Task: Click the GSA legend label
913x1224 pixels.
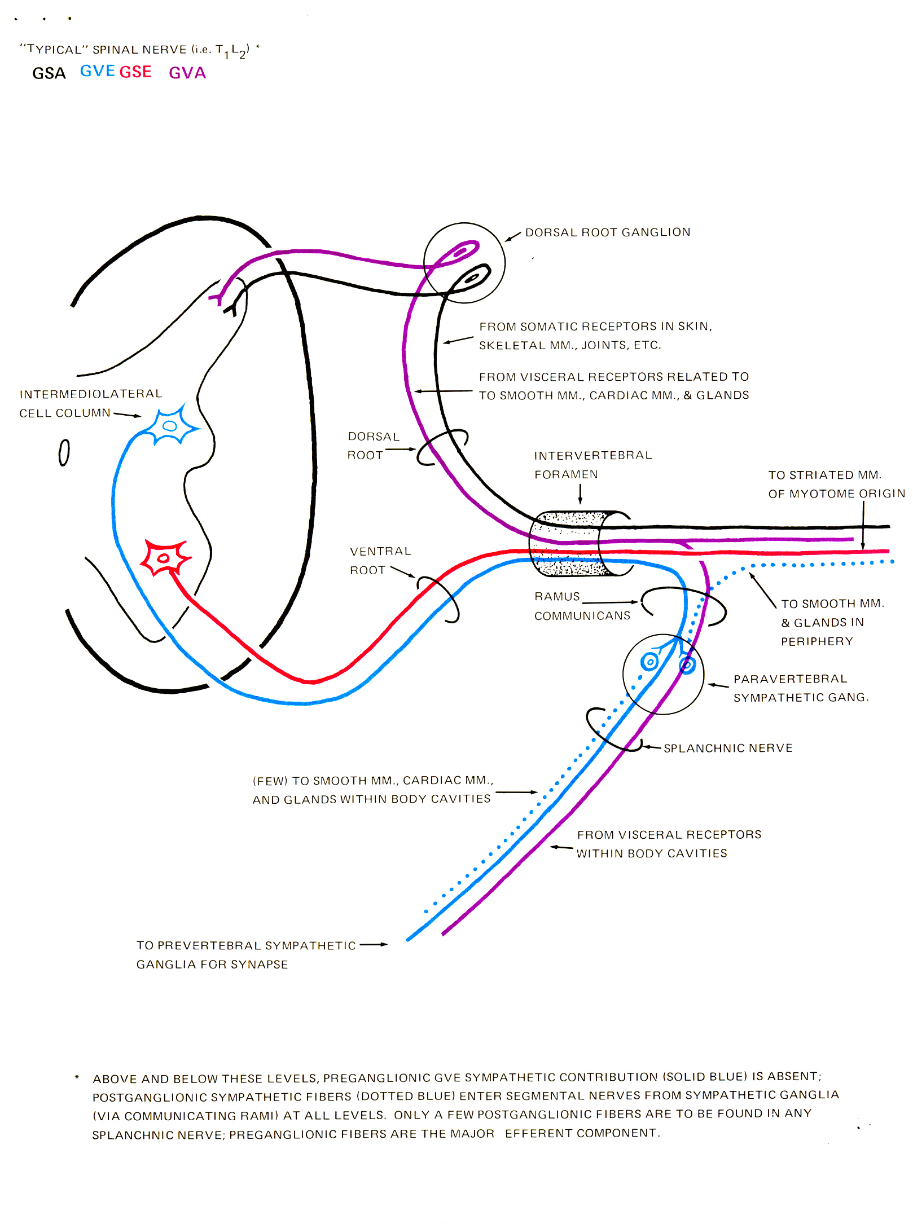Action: (x=49, y=73)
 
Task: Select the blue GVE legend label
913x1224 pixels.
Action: (x=98, y=71)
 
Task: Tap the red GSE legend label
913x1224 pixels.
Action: (x=135, y=72)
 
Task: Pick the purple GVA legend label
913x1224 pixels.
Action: (x=187, y=73)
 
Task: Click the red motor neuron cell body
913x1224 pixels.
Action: (x=164, y=558)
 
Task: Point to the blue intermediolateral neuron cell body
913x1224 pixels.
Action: (x=169, y=426)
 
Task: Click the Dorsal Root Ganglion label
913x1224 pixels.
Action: (x=607, y=232)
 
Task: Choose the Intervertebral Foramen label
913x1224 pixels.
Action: (x=592, y=464)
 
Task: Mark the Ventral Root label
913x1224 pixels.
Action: (x=380, y=560)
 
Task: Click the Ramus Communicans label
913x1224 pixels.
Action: (x=582, y=606)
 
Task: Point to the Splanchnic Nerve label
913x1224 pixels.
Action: (x=728, y=748)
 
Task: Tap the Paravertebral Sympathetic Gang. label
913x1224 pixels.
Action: (x=800, y=688)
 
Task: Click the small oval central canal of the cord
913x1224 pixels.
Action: (x=64, y=452)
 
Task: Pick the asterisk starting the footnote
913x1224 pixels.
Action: (x=77, y=1078)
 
